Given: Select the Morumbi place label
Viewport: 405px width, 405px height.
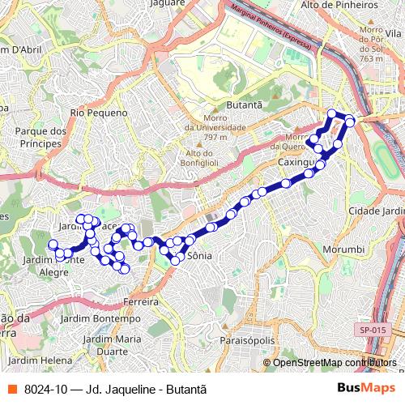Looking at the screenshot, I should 338,249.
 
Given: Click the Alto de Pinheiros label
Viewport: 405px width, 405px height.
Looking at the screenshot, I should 339,5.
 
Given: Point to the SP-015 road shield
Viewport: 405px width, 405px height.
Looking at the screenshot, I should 373,330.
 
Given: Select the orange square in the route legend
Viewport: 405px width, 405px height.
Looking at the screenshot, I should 11,389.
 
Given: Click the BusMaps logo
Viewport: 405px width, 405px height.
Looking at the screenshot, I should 366,389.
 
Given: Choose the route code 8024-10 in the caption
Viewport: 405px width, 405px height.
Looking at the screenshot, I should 46,389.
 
